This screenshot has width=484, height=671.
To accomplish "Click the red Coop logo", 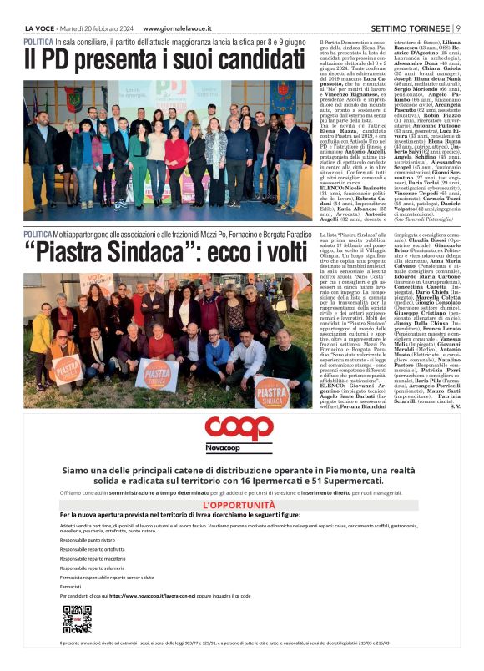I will click(239, 428).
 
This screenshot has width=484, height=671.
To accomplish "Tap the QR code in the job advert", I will click(77, 619).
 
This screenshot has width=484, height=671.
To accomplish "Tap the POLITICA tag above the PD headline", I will click(39, 41).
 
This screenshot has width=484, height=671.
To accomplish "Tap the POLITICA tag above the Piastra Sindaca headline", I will click(39, 235).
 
